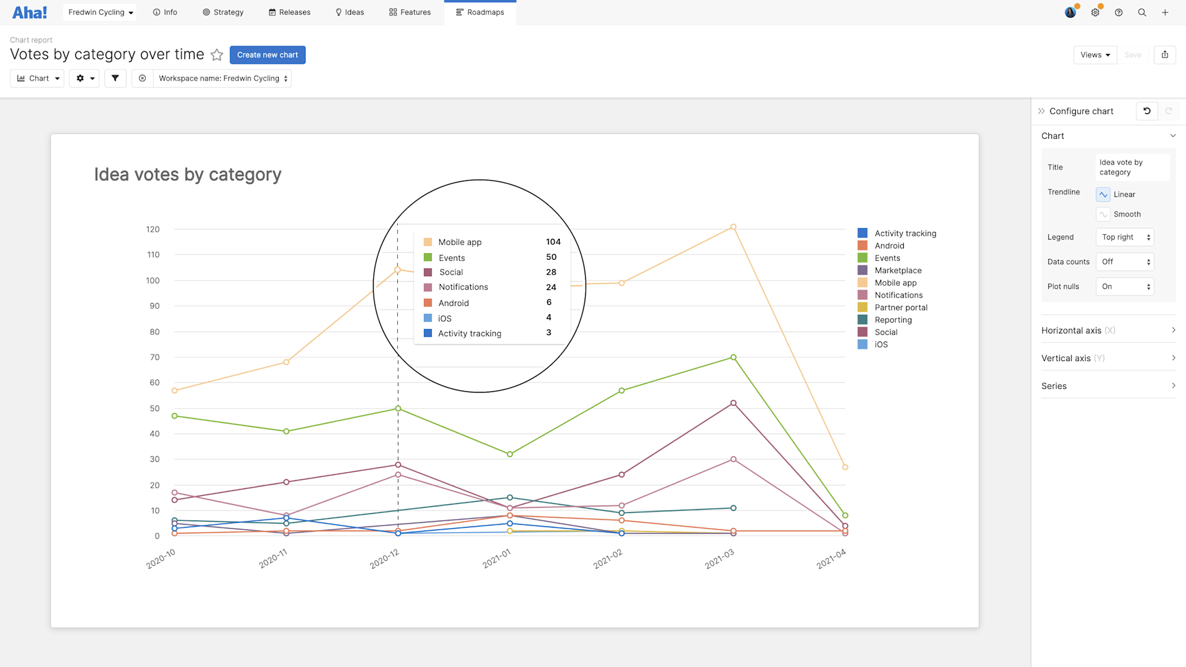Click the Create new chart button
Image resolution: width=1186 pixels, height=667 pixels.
pyautogui.click(x=267, y=55)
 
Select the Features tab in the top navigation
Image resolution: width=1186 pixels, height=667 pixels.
pyautogui.click(x=410, y=12)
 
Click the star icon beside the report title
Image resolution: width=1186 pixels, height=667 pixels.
pyautogui.click(x=217, y=55)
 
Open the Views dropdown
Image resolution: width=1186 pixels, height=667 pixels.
pyautogui.click(x=1095, y=55)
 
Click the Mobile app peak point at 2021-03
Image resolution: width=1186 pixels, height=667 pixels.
pyautogui.click(x=734, y=227)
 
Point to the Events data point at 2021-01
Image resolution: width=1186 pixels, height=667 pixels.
pyautogui.click(x=510, y=454)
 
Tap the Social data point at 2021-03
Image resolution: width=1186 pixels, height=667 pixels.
pyautogui.click(x=734, y=403)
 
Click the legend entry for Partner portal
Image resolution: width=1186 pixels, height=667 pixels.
pyautogui.click(x=900, y=307)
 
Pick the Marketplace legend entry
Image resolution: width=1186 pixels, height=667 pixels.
pyautogui.click(x=897, y=270)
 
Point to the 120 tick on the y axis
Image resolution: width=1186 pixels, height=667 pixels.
pyautogui.click(x=153, y=229)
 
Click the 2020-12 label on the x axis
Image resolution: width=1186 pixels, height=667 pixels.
pyautogui.click(x=384, y=559)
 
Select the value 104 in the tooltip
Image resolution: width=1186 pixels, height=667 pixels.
pyautogui.click(x=553, y=242)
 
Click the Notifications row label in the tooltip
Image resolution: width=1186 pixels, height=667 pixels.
pyautogui.click(x=463, y=287)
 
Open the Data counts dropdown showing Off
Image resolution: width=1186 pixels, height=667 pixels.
pyautogui.click(x=1125, y=261)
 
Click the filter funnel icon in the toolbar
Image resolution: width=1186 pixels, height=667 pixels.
pyautogui.click(x=115, y=78)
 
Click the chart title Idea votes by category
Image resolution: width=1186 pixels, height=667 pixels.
pyautogui.click(x=187, y=174)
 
